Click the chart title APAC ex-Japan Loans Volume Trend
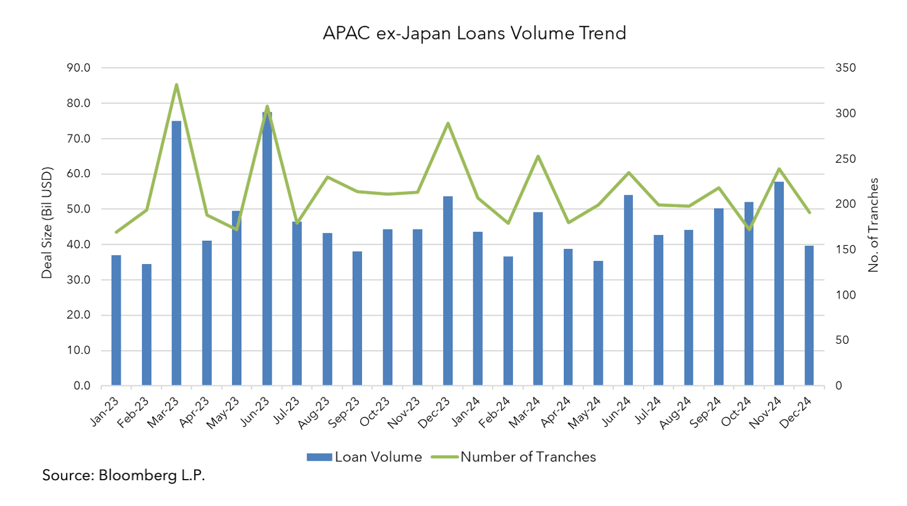[x=474, y=33]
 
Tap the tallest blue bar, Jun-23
[x=267, y=251]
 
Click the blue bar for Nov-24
[x=779, y=283]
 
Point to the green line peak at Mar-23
[x=177, y=85]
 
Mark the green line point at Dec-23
[x=448, y=123]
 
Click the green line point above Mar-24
[x=538, y=156]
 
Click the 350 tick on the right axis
[x=844, y=68]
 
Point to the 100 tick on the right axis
[x=844, y=295]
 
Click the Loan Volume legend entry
[x=365, y=457]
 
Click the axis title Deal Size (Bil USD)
[x=47, y=223]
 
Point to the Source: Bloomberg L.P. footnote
[x=124, y=475]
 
